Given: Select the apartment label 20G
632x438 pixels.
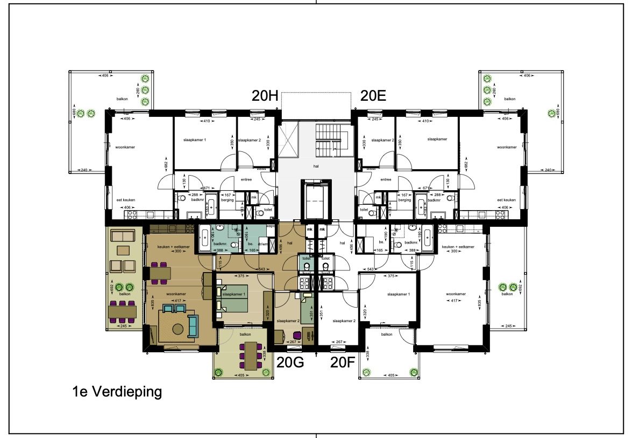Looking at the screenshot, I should click(290, 363).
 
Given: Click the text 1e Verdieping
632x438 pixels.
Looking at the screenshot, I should click(117, 392).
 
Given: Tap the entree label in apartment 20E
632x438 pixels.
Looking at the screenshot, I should click(385, 179).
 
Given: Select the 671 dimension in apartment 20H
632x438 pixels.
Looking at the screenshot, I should click(205, 187).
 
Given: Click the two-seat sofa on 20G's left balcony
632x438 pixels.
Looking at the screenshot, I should click(122, 235).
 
